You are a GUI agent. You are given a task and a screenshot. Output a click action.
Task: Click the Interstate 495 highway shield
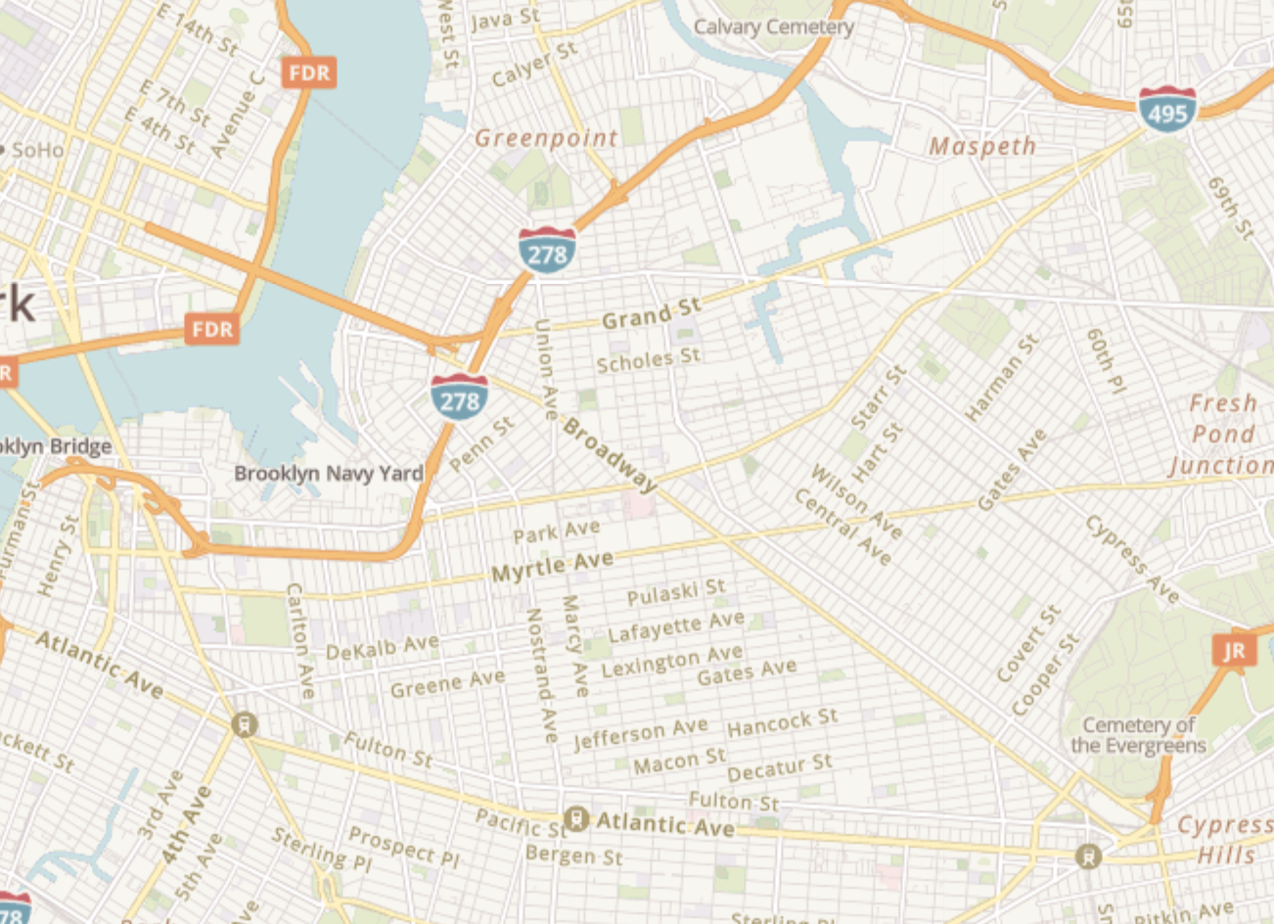point(1166,110)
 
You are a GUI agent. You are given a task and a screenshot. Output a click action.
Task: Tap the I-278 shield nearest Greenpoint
point(546,251)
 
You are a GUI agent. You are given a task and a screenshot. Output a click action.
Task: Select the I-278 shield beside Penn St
point(459,395)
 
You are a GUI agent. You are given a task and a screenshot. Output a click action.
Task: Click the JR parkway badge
point(1234,650)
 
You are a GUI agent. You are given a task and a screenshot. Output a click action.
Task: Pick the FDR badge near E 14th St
point(309,72)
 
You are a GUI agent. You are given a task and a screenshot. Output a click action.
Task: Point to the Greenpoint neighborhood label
point(546,139)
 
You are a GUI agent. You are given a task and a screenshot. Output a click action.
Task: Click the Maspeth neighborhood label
point(981,147)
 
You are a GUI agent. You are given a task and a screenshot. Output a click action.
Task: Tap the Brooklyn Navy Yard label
point(328,474)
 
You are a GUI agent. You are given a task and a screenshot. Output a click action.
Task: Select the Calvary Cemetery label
point(773,26)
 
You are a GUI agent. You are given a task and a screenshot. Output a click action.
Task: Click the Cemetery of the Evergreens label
point(1138,735)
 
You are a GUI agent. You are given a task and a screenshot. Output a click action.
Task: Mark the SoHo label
point(37,150)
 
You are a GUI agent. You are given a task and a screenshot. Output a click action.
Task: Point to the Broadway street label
point(610,456)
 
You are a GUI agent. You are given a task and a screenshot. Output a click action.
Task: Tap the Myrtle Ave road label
point(552,566)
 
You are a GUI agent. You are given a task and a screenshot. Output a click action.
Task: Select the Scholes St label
point(649,359)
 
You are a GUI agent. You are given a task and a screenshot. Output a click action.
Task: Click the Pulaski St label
point(676,592)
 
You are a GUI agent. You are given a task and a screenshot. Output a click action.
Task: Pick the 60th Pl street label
point(1106,360)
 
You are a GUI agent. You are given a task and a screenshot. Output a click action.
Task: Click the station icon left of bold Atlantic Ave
point(575,818)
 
